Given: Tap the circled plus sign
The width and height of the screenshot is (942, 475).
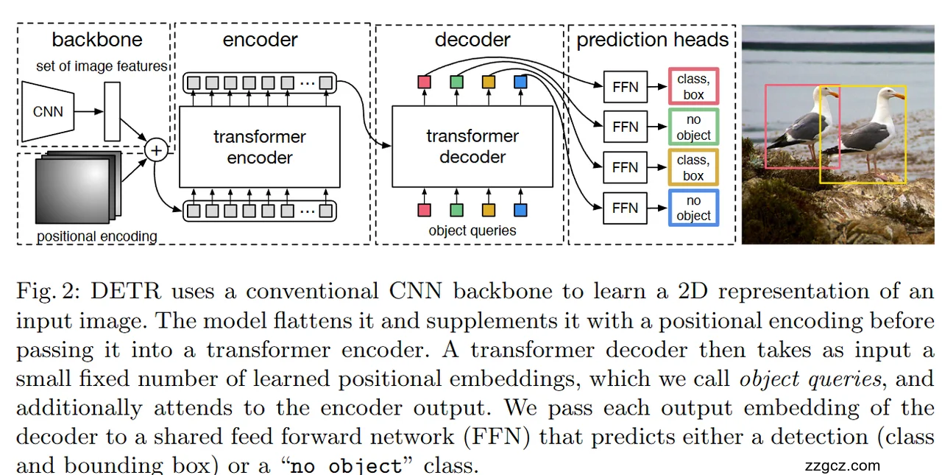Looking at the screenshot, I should point(156,151).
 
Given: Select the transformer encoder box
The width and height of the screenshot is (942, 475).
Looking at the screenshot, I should point(260,147).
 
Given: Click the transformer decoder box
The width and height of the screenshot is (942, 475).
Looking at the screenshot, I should point(472,147).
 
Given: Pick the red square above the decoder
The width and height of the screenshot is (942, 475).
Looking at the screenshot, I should point(424,82).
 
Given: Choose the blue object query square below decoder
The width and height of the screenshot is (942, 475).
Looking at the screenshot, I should point(521,210).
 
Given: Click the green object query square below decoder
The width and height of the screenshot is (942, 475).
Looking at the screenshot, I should point(456,210).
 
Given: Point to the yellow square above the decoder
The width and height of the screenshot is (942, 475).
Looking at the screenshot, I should point(489,82).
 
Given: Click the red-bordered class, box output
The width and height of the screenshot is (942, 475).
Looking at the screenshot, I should point(693,86).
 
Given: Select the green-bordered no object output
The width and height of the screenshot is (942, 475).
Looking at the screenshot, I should point(693,127).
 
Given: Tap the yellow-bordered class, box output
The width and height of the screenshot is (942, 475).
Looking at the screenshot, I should point(693,167).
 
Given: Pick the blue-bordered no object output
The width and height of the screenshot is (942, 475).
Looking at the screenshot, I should point(693,208).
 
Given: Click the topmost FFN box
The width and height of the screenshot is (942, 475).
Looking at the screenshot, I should point(625,86).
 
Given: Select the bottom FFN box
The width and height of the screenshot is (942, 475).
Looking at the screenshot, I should point(625,208).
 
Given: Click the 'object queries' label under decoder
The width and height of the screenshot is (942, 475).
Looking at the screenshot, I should point(472,231).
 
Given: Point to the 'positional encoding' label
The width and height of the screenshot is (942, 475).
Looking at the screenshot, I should point(97,236).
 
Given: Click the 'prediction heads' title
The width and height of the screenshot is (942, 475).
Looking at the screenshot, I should point(652,40).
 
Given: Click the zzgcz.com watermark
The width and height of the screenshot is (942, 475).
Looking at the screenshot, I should point(843,465).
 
